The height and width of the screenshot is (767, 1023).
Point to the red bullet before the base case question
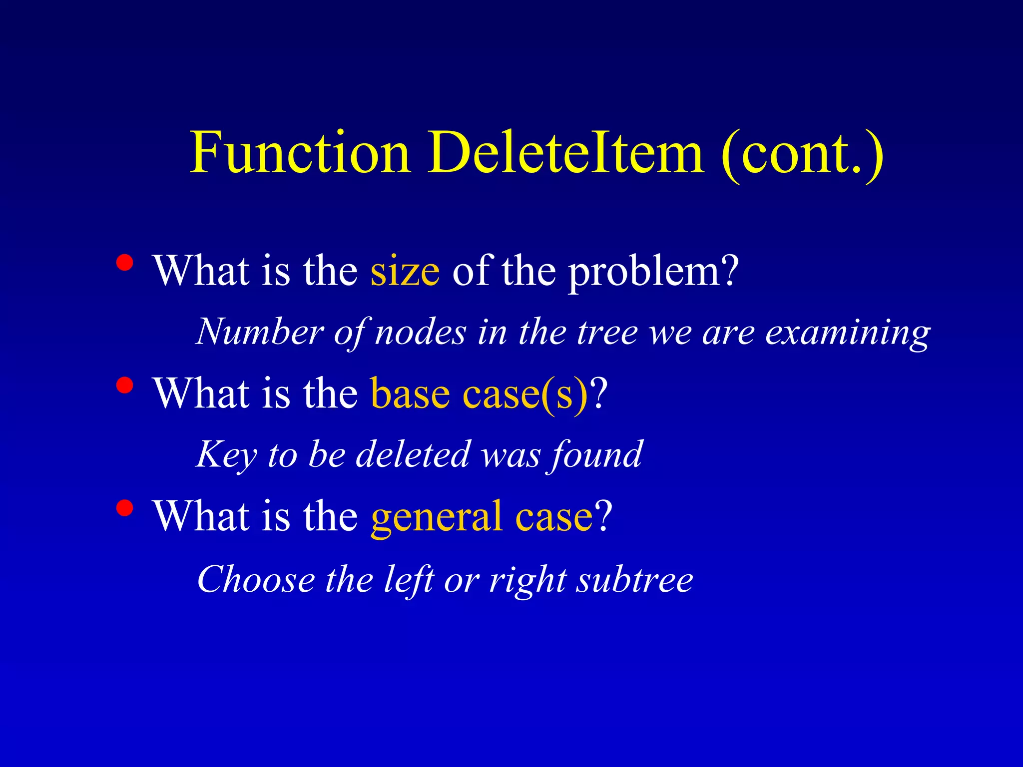coord(124,385)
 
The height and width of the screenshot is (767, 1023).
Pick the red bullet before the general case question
coord(124,508)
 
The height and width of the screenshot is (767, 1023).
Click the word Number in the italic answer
coord(260,332)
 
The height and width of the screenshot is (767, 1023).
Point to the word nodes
coord(420,333)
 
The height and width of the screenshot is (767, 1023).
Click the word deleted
coord(413,454)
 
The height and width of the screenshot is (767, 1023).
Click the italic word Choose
coord(256,579)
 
